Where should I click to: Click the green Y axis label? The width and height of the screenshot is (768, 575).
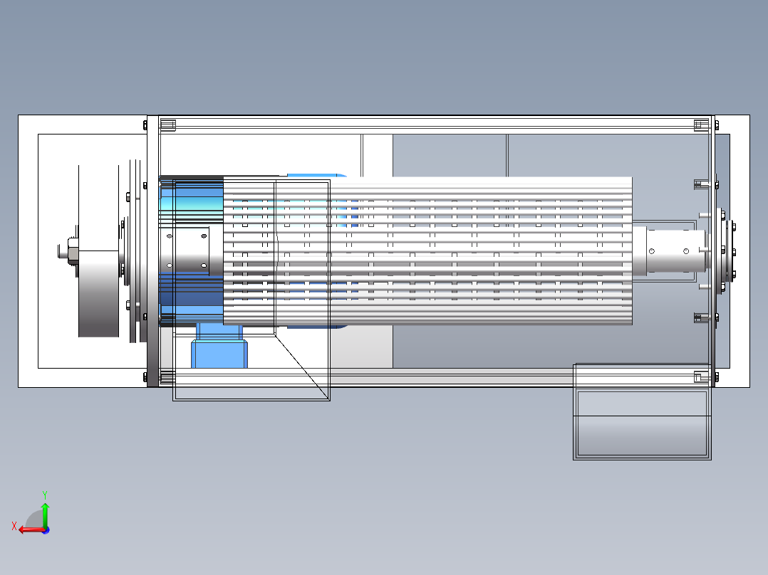[x=45, y=495]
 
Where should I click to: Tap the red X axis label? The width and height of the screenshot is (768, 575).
[x=14, y=527]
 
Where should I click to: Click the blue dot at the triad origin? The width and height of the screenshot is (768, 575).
[x=46, y=530]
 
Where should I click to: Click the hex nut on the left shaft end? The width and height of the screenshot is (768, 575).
[x=73, y=251]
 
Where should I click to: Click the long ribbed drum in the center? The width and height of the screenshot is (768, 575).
[x=427, y=250]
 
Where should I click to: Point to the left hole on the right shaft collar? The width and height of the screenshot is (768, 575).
[x=651, y=251]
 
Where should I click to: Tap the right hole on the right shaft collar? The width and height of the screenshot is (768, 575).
[x=686, y=251]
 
